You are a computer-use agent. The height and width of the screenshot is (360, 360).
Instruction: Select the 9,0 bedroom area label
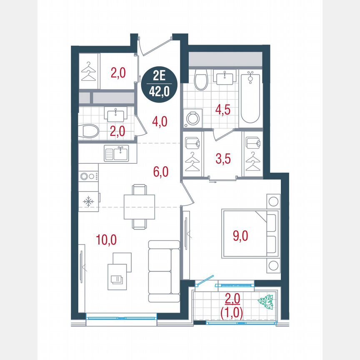[240, 236]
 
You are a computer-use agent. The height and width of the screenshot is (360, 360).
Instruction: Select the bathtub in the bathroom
[250, 97]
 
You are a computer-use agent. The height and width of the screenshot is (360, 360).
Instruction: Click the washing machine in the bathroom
[192, 118]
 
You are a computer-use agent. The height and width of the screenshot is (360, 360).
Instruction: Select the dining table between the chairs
[139, 207]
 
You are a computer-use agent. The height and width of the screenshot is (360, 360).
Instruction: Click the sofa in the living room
[164, 270]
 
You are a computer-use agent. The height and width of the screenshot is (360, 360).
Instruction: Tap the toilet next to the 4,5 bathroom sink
[200, 80]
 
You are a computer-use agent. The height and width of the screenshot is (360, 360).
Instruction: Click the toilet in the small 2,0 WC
[89, 132]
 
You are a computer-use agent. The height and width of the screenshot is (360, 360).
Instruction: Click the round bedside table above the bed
[273, 202]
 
